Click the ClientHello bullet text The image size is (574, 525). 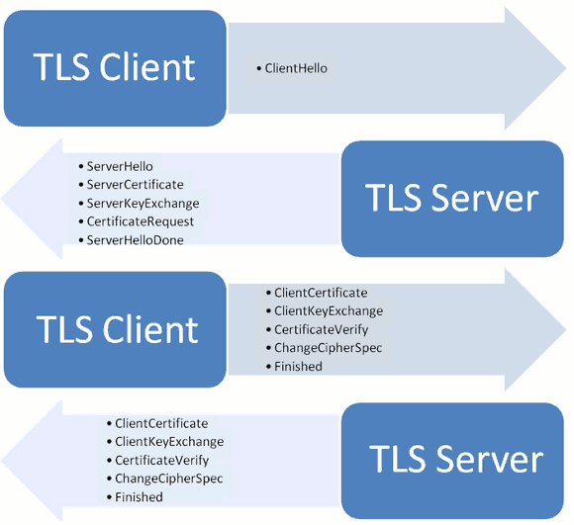[x=296, y=68]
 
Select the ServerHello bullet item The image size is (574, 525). [x=120, y=166]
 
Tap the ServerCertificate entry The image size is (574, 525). [x=135, y=185]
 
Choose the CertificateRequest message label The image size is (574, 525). [x=141, y=221]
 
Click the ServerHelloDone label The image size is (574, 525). [x=135, y=239]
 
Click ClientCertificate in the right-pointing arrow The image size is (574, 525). [x=321, y=293]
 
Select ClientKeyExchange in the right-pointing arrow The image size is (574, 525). [x=328, y=310]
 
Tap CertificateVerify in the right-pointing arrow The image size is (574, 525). [x=320, y=329]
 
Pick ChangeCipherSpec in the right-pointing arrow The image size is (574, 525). [x=328, y=348]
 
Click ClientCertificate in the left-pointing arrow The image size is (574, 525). [x=161, y=423]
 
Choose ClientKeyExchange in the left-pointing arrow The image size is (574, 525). [x=169, y=442]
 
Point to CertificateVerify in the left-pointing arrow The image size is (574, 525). [x=160, y=460]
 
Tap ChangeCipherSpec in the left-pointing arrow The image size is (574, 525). [x=168, y=479]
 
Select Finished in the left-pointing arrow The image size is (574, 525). [x=139, y=497]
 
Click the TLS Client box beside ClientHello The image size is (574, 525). [x=114, y=67]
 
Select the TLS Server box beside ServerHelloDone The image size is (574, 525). [x=452, y=198]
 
